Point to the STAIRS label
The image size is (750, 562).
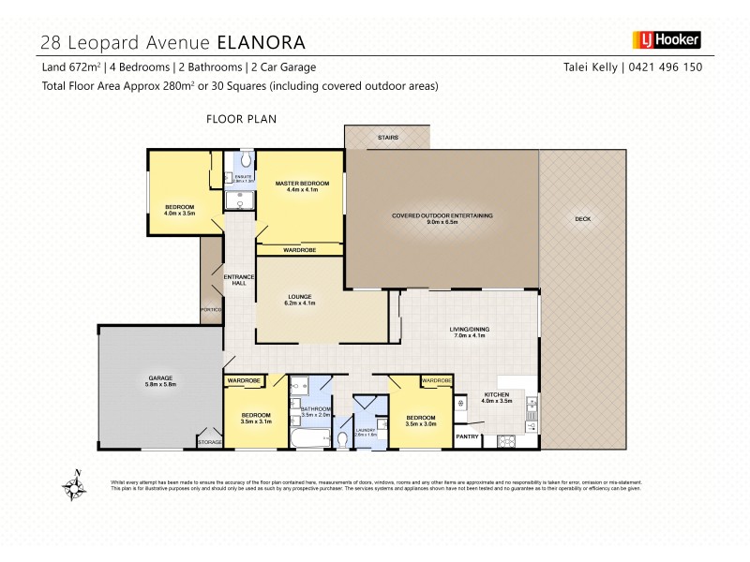pos(387,138)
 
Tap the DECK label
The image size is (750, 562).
pos(582,219)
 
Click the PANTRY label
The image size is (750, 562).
pos(467,436)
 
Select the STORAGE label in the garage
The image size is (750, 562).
pos(209,442)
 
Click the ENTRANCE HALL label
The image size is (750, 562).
pos(234,280)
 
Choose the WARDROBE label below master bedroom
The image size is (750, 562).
pos(300,250)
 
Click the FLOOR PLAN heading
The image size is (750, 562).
pos(241,119)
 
